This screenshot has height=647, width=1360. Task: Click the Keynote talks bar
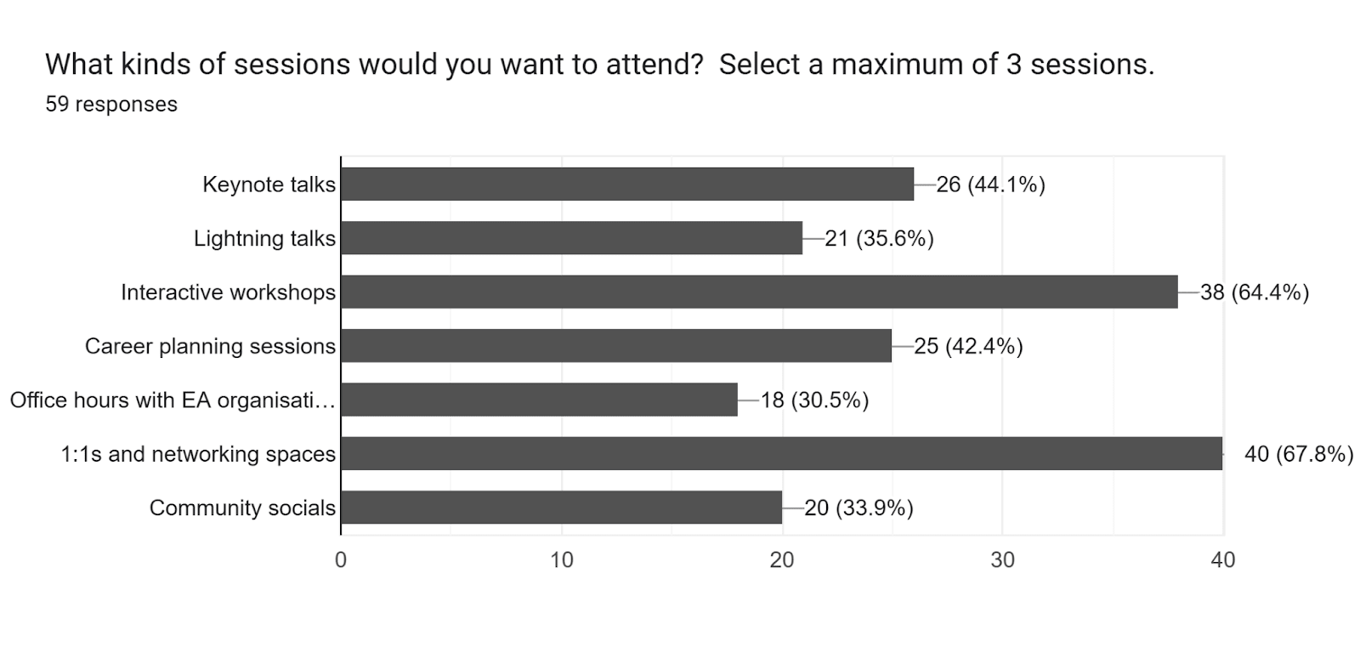(x=627, y=184)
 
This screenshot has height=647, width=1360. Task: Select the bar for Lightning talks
(x=571, y=238)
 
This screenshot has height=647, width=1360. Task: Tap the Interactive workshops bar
(x=759, y=292)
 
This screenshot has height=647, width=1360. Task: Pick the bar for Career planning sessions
(x=616, y=346)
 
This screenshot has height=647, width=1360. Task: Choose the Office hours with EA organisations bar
(x=539, y=400)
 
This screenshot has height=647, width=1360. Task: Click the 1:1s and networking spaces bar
(x=781, y=453)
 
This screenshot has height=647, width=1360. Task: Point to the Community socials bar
(x=561, y=508)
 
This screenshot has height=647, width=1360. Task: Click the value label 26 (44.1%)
(x=990, y=184)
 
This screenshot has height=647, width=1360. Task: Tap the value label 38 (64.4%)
(x=1254, y=292)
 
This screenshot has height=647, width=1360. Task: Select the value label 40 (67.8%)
(x=1298, y=454)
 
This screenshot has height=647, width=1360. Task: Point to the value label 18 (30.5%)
(x=814, y=400)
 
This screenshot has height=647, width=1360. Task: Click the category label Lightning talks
(x=264, y=239)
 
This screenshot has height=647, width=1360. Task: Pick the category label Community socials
(x=242, y=508)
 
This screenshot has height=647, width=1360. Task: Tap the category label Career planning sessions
(x=210, y=347)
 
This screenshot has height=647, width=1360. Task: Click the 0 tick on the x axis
(x=341, y=559)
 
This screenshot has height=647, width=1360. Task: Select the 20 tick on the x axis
(x=782, y=559)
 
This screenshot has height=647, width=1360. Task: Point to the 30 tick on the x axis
(x=1002, y=559)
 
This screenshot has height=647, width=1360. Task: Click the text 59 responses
(x=111, y=105)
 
